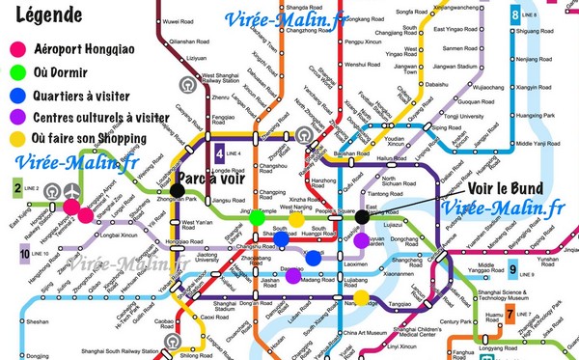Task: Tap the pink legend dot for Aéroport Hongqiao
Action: tap(16, 49)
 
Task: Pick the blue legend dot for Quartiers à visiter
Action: tap(16, 96)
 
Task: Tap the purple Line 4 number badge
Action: tap(221, 152)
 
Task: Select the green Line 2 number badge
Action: tap(17, 186)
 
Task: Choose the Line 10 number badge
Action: tap(21, 254)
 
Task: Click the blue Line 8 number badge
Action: tap(553, 14)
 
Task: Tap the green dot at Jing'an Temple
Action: tap(256, 218)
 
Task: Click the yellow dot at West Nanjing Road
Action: tap(297, 218)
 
